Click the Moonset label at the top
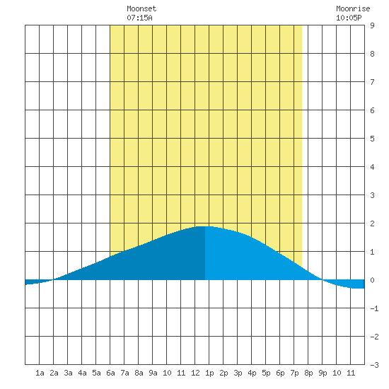click(x=141, y=8)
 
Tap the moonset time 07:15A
click(x=139, y=18)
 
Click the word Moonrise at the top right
click(x=353, y=8)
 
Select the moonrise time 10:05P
click(x=349, y=18)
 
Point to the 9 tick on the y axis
click(x=372, y=25)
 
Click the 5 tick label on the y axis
click(x=372, y=139)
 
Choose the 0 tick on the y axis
click(x=372, y=280)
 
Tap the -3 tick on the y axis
click(x=374, y=365)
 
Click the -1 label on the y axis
click(x=374, y=308)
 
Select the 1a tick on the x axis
click(x=40, y=373)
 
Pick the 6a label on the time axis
click(x=110, y=373)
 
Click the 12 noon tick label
click(x=195, y=373)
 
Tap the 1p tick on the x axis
click(x=209, y=373)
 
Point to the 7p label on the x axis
click(x=294, y=373)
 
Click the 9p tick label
click(x=323, y=373)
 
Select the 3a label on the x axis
click(x=68, y=373)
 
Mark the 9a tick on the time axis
click(x=153, y=373)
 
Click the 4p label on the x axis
click(x=252, y=373)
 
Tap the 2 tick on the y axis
click(x=372, y=223)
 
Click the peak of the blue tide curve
click(x=205, y=226)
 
